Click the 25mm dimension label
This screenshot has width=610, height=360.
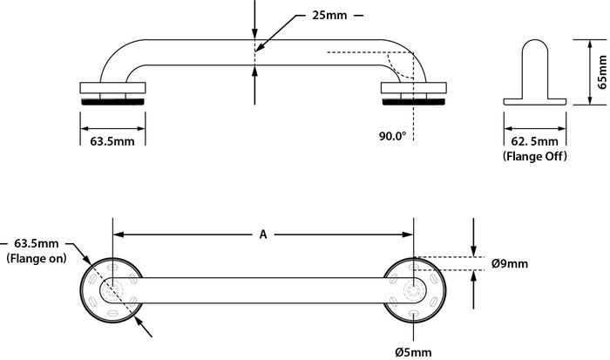pyautogui.click(x=329, y=16)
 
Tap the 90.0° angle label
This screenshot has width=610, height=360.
pyautogui.click(x=392, y=136)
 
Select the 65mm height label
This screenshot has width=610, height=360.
pyautogui.click(x=602, y=72)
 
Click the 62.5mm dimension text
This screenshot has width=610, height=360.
pyautogui.click(x=534, y=141)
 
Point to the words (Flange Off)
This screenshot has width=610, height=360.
pyautogui.click(x=534, y=156)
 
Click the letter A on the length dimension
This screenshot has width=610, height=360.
pyautogui.click(x=263, y=234)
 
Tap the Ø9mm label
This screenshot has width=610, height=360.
pyautogui.click(x=510, y=263)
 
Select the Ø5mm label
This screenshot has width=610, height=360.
pyautogui.click(x=413, y=352)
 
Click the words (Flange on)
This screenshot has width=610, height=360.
pyautogui.click(x=37, y=258)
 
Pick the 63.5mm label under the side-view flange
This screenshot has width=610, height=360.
pyautogui.click(x=112, y=141)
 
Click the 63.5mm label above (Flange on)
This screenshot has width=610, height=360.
pyautogui.click(x=37, y=243)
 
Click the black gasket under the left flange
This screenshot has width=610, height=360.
pyautogui.click(x=112, y=102)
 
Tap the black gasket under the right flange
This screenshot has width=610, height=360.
pyautogui.click(x=414, y=102)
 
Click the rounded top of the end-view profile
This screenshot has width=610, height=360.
pyautogui.click(x=535, y=40)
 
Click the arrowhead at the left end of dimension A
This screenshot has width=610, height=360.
pyautogui.click(x=119, y=234)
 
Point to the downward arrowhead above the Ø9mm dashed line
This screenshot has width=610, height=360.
pyautogui.click(x=473, y=251)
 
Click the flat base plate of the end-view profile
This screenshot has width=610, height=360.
pyautogui.click(x=535, y=102)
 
